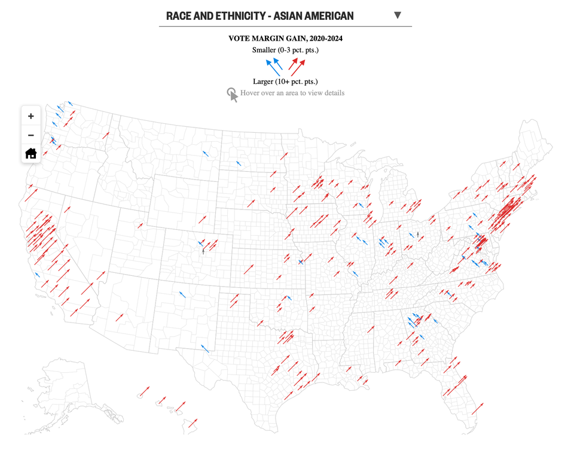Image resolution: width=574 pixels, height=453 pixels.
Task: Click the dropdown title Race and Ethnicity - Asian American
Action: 259,16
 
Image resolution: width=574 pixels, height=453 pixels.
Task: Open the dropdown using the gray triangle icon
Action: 398,16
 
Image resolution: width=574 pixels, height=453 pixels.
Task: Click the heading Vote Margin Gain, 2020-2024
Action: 285,38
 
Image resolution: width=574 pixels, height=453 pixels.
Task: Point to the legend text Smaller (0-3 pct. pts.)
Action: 285,50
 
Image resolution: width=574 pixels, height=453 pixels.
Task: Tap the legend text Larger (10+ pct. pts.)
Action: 285,81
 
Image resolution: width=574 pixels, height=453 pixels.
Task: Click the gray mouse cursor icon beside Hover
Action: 232,95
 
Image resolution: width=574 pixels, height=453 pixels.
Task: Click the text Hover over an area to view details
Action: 292,93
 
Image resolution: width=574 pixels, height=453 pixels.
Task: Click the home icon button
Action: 31,153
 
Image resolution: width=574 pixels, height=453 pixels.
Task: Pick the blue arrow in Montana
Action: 206,154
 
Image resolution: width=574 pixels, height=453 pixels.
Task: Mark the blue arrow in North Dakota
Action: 239,163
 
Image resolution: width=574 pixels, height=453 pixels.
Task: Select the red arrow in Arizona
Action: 120,317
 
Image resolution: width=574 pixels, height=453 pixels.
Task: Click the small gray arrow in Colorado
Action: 203,251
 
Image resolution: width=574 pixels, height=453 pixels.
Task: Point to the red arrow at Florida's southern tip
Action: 477,409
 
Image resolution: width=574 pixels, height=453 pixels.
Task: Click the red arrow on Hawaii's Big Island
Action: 193,423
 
